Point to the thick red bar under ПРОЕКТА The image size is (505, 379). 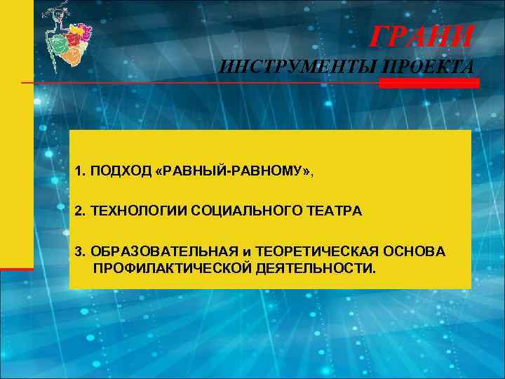[429, 83]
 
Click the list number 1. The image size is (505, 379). [80, 171]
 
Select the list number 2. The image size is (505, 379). [80, 211]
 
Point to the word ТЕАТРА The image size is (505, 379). [335, 211]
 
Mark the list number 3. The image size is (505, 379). [80, 251]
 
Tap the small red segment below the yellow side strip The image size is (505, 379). [17, 268]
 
